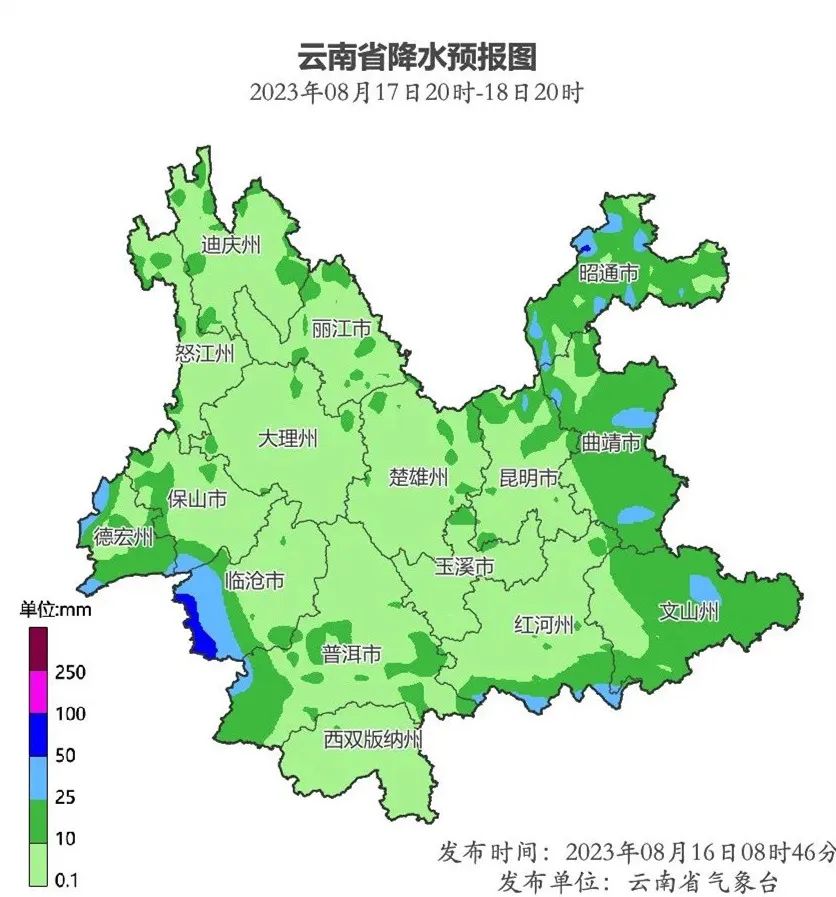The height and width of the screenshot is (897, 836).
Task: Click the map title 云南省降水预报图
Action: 417,56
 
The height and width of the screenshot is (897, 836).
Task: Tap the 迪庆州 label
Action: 231,245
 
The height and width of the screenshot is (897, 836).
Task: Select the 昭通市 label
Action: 609,273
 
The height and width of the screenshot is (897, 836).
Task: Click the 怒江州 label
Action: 204,353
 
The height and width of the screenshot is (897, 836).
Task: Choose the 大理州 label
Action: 288,439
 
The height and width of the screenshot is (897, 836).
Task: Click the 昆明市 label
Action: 529,479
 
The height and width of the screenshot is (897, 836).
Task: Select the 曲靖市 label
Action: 610,443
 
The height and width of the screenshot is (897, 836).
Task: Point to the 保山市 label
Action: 197,499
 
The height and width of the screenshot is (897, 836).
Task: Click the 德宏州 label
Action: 124,537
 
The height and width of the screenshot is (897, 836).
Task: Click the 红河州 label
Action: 544,625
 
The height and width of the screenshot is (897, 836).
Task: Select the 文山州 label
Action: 688,611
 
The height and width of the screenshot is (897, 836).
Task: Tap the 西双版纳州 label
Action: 373,740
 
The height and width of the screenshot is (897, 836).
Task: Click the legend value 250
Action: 70,672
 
